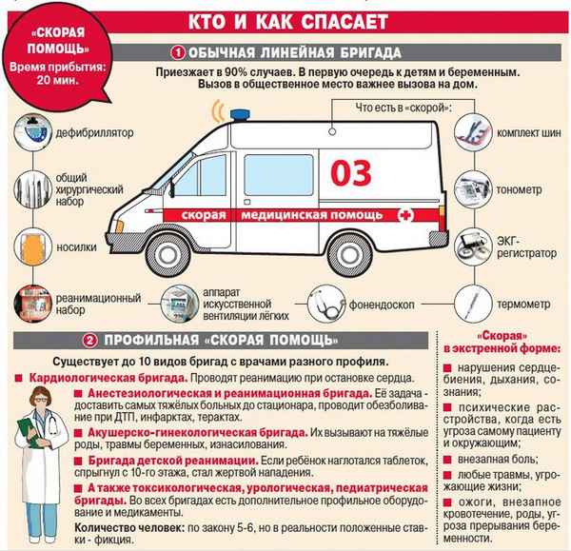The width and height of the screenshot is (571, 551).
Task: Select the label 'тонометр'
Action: tap(517, 189)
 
